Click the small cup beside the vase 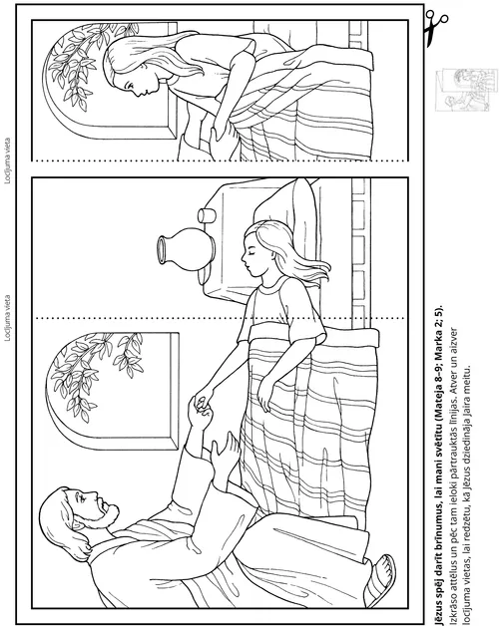coord(207,215)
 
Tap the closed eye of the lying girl coord(252,257)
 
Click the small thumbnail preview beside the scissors coord(463,90)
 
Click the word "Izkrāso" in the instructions coord(453,609)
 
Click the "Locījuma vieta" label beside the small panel coord(7,161)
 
